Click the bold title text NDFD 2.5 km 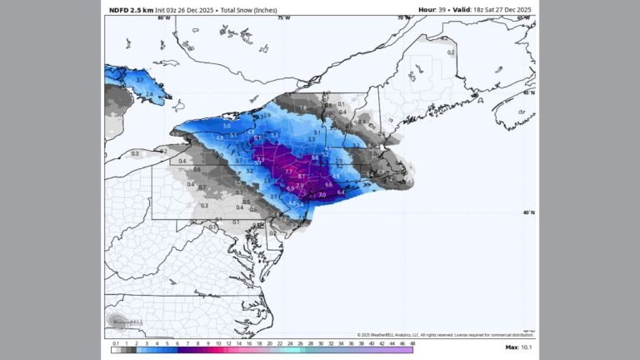click(x=130, y=9)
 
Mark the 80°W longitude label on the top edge click(x=163, y=17)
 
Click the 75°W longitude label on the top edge click(x=284, y=17)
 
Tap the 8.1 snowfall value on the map click(x=302, y=177)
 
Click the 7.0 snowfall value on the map click(x=322, y=194)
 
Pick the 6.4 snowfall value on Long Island click(x=341, y=192)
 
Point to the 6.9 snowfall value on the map click(x=289, y=188)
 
